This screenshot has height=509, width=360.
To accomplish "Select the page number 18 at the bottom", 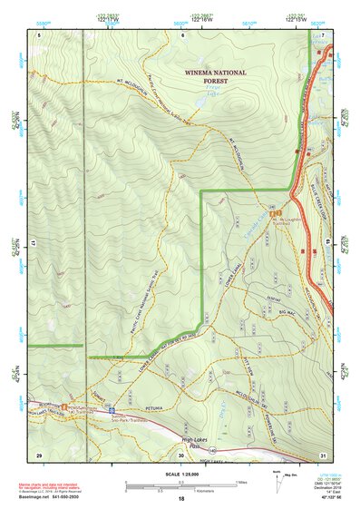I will [x=180, y=499].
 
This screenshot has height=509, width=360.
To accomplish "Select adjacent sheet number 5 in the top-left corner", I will [x=39, y=34].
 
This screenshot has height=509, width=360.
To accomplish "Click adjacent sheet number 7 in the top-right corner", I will [x=322, y=34].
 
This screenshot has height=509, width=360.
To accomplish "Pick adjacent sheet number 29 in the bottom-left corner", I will [x=39, y=454].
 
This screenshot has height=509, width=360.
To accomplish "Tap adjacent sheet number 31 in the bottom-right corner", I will [x=322, y=454].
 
